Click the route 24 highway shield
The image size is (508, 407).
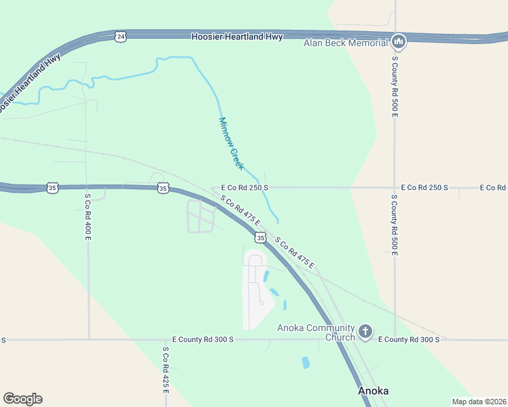pyautogui.click(x=120, y=37)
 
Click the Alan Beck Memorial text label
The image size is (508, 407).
pyautogui.click(x=345, y=43)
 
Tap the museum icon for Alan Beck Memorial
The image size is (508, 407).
pyautogui.click(x=399, y=42)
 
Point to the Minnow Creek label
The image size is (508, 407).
pyautogui.click(x=231, y=143)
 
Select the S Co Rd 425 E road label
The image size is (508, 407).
pyautogui.click(x=165, y=372)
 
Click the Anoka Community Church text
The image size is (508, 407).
pyautogui.click(x=316, y=332)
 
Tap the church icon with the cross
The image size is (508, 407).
pyautogui.click(x=365, y=332)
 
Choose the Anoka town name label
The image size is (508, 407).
pyautogui.click(x=373, y=391)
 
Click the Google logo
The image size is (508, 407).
pyautogui.click(x=22, y=399)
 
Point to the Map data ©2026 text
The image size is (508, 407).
pyautogui.click(x=479, y=402)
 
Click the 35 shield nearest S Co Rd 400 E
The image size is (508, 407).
pyautogui.click(x=52, y=187)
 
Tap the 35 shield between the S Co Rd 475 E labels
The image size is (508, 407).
pyautogui.click(x=260, y=237)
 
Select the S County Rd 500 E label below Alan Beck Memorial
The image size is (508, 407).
pyautogui.click(x=395, y=86)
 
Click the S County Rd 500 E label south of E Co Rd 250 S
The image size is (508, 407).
pyautogui.click(x=394, y=225)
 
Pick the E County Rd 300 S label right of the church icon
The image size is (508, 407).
pyautogui.click(x=408, y=339)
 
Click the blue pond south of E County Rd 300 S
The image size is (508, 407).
pyautogui.click(x=306, y=362)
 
